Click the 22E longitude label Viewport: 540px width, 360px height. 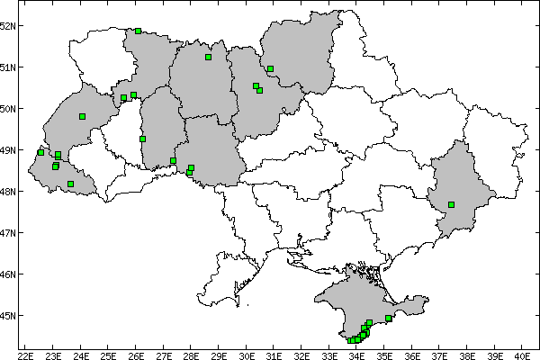25,354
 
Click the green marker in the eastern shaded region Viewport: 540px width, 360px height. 451,204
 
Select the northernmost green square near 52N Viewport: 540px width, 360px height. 138,31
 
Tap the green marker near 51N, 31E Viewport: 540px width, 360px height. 270,68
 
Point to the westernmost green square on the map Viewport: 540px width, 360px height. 40,152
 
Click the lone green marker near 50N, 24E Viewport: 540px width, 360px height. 82,116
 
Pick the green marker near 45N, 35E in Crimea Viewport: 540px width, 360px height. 388,318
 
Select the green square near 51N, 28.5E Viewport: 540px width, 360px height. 208,57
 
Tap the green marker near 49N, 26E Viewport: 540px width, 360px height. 142,139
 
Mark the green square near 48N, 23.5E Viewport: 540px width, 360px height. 70,184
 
